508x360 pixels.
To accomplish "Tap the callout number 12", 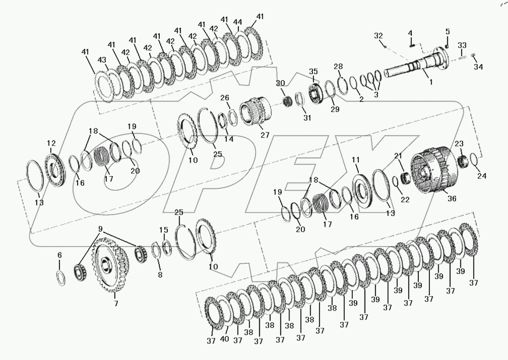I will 52,143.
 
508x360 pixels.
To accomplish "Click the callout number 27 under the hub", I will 264,135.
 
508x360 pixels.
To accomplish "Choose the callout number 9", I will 101,229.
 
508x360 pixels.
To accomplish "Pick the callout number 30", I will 281,83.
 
